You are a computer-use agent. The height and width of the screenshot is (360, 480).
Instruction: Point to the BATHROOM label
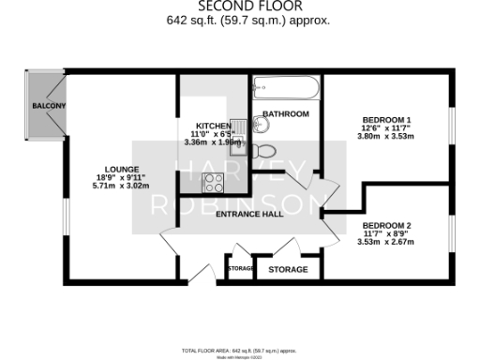tap(286, 114)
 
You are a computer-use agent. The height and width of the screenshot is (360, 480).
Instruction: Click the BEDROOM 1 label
tap(387, 120)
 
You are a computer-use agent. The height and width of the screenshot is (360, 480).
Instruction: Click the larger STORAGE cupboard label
tap(288, 270)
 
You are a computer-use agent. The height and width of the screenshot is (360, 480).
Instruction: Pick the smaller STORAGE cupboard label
tap(241, 270)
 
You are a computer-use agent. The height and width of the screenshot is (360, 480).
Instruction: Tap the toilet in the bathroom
tap(265, 150)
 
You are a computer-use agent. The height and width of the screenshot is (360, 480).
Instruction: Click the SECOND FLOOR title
tap(240, 6)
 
